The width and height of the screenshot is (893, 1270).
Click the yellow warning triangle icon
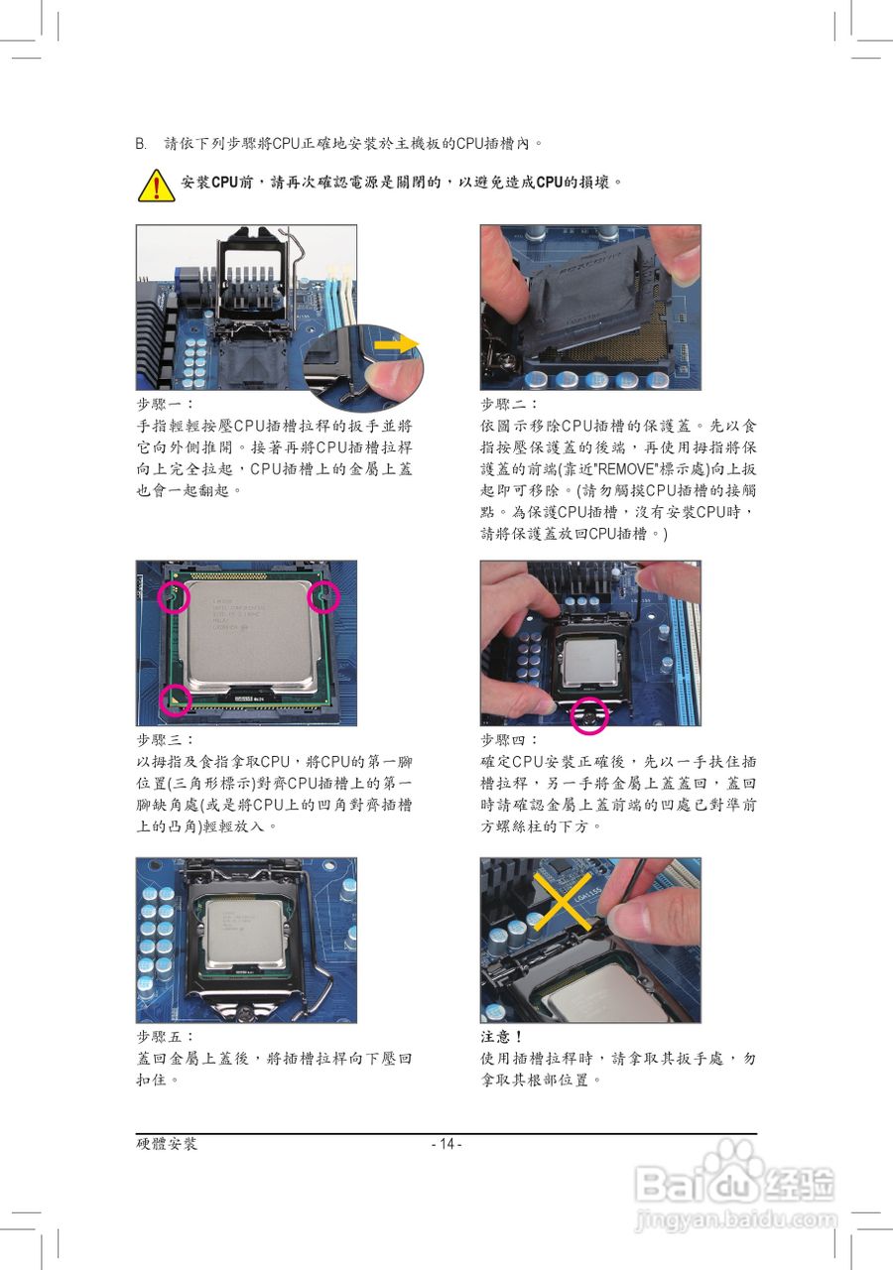[x=156, y=185]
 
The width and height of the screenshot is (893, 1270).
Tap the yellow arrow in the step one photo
[x=397, y=344]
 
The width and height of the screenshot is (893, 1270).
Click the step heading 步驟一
[x=165, y=404]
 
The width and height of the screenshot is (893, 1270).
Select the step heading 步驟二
[x=509, y=404]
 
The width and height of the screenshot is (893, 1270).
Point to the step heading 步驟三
[x=165, y=740]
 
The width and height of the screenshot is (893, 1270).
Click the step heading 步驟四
[x=509, y=740]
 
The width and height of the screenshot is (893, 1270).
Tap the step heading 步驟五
[x=165, y=1037]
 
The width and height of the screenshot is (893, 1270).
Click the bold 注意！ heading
[x=502, y=1037]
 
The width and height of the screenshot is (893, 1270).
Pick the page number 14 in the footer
[x=446, y=1144]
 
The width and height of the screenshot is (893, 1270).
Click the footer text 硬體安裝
[x=167, y=1144]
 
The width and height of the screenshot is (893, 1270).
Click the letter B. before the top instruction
[x=141, y=144]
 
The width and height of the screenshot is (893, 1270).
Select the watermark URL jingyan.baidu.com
[x=735, y=1217]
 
